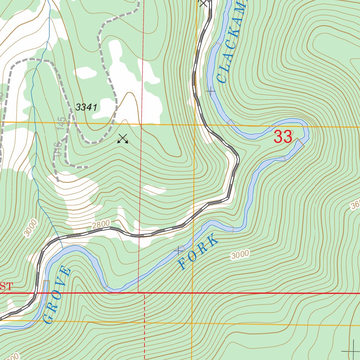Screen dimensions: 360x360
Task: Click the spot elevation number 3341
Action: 86,108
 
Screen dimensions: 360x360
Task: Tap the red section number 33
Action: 283,137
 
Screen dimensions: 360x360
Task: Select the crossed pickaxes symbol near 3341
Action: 123,139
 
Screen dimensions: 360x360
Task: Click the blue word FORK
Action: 198,253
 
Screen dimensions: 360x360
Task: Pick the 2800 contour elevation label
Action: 102,224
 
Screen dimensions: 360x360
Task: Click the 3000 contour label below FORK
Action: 240,255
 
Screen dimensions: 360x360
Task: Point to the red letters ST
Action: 6,286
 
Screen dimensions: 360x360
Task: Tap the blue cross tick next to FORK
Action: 180,250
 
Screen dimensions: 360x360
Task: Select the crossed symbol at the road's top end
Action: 203,3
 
